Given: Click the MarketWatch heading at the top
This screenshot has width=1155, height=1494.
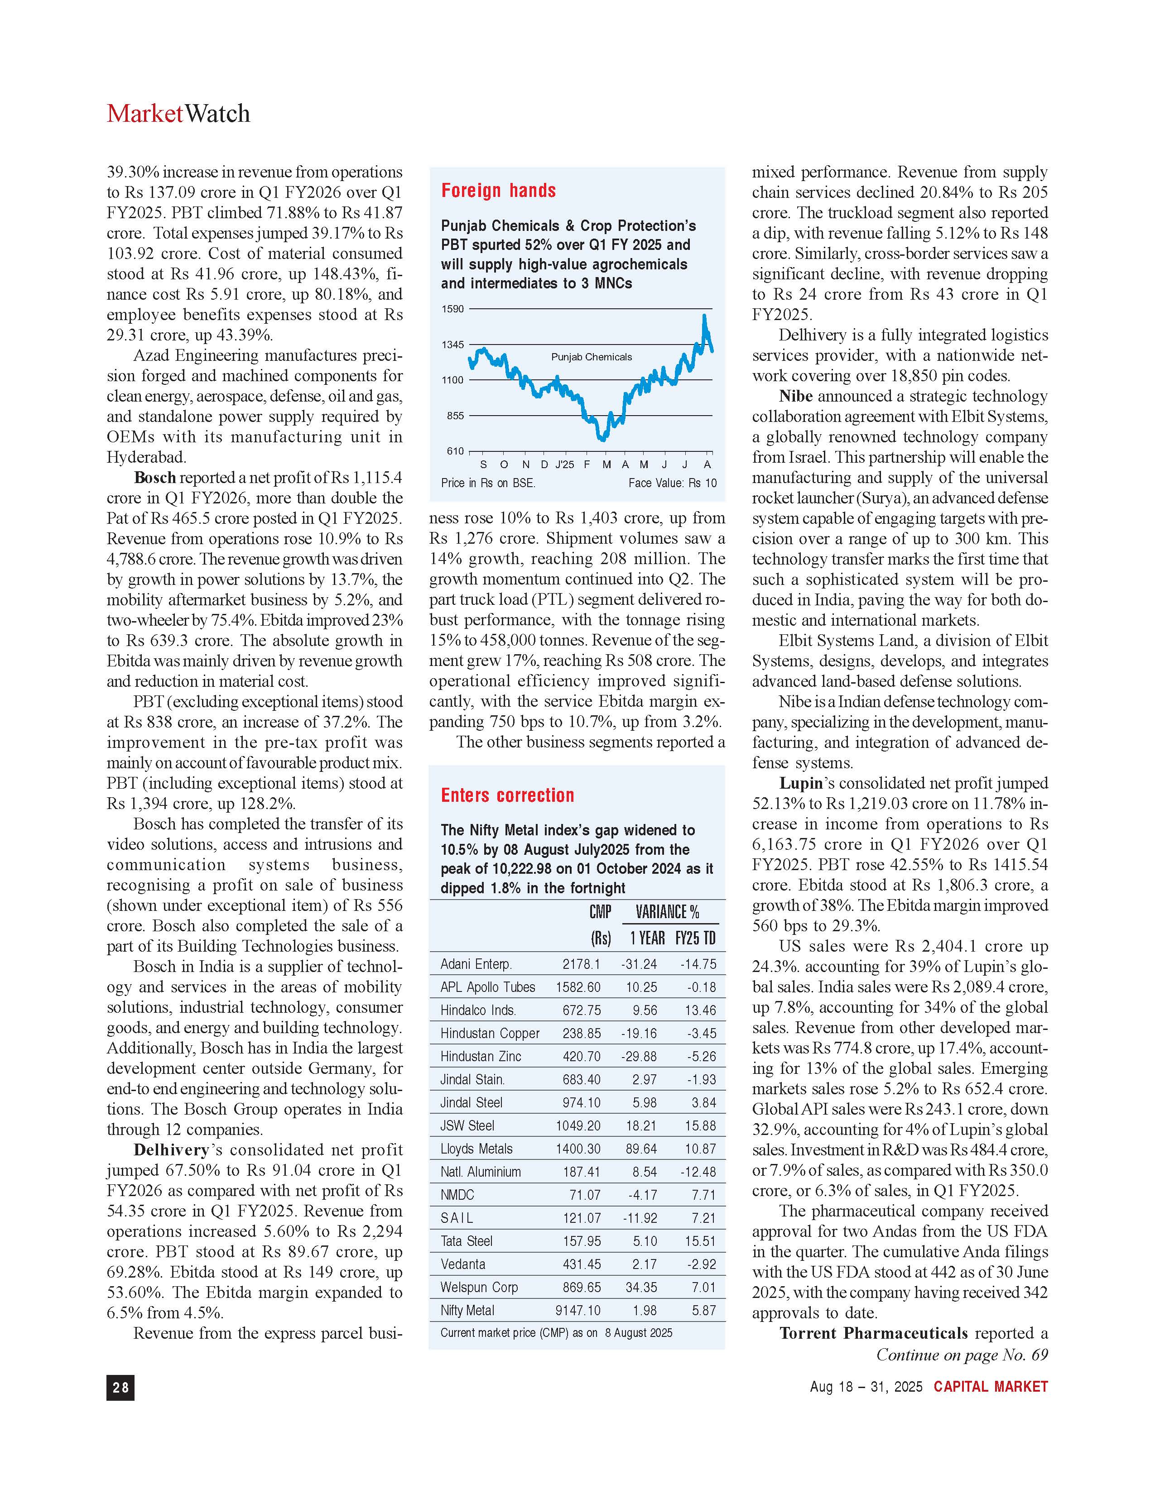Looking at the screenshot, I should (x=178, y=114).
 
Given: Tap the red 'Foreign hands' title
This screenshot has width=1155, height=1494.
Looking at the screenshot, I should (x=498, y=191).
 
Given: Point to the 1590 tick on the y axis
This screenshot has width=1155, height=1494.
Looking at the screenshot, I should (x=452, y=309).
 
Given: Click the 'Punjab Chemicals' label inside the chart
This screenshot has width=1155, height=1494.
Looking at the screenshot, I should (x=591, y=357).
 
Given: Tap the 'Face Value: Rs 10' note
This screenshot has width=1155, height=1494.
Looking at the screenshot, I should (x=672, y=483).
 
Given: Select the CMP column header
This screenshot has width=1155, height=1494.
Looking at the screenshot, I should (x=600, y=912).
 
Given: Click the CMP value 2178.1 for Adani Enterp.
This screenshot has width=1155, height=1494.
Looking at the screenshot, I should (x=582, y=964).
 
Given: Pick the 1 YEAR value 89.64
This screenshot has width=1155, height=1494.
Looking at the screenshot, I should (x=641, y=1149).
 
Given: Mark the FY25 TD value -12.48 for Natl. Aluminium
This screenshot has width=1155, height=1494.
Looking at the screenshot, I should (x=698, y=1172).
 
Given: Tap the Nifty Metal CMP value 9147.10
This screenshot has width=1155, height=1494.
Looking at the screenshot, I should (x=578, y=1311).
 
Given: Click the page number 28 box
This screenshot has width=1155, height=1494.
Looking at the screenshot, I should (x=120, y=1387).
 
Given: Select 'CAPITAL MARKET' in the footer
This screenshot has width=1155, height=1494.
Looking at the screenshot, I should (x=991, y=1387).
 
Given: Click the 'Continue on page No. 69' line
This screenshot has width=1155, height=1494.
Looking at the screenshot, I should (x=961, y=1355).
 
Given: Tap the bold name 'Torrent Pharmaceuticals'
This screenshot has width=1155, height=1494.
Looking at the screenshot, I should (x=873, y=1333).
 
